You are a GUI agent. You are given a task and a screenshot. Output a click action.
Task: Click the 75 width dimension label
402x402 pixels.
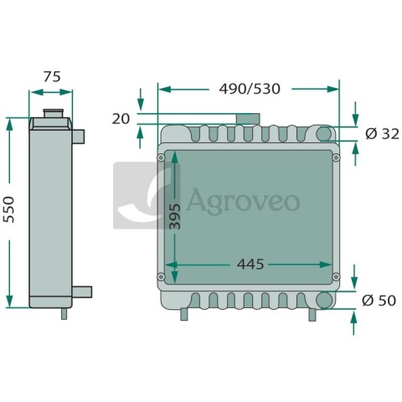(52, 77)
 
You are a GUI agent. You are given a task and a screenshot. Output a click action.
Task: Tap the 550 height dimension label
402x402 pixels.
(8, 209)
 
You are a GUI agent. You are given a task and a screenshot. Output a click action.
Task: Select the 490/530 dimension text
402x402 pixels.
(250, 89)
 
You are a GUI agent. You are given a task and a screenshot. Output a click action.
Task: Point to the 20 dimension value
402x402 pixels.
(121, 119)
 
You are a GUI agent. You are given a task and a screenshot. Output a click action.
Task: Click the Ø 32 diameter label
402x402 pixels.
(382, 134)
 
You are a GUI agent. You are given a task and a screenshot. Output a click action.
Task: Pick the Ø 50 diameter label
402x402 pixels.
(379, 301)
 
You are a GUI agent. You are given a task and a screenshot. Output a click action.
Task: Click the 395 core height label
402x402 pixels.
(175, 216)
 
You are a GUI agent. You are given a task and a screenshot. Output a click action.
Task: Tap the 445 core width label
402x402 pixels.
(250, 264)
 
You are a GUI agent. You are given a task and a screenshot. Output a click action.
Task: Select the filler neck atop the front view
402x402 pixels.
(248, 119)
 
